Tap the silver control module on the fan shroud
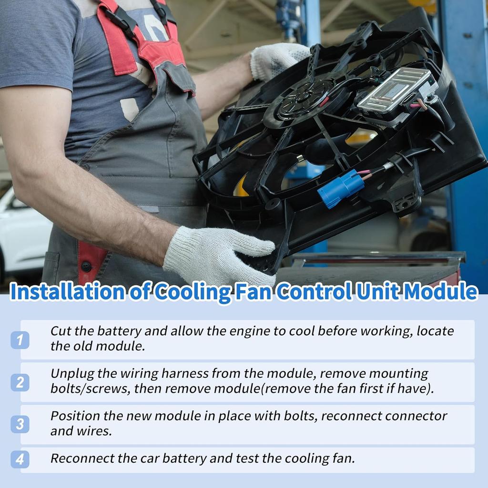coord(396,91)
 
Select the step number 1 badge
coord(20,340)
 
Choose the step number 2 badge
coord(20,382)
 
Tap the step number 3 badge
coord(20,424)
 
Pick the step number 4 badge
coord(20,459)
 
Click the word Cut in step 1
coord(60,331)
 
